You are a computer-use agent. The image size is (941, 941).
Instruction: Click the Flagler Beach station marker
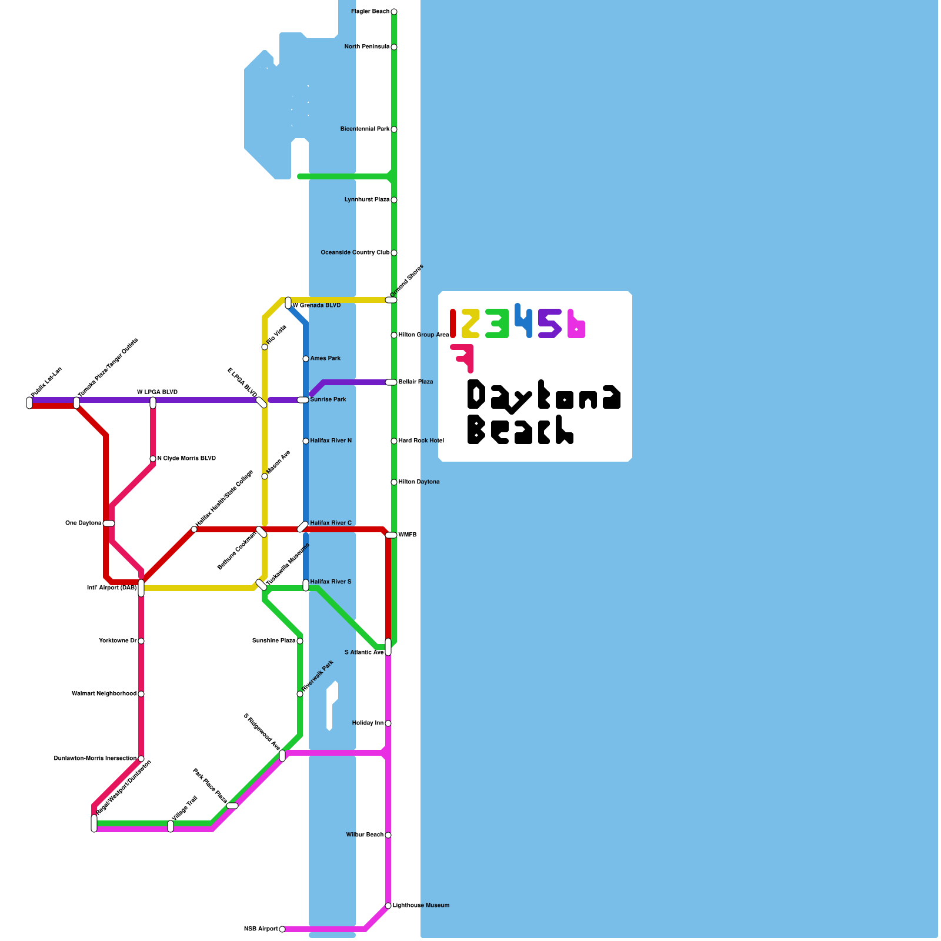click(394, 12)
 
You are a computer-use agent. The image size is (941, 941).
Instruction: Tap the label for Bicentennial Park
click(365, 129)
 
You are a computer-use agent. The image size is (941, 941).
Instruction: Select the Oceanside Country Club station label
click(355, 253)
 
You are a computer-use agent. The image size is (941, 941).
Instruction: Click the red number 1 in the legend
click(453, 323)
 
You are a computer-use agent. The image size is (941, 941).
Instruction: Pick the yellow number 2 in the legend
click(470, 323)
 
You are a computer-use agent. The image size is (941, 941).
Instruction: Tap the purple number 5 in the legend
click(549, 323)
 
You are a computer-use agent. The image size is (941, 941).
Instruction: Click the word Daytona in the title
click(543, 395)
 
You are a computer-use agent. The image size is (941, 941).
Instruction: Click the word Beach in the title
click(520, 430)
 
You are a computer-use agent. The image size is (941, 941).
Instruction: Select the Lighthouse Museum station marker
click(388, 906)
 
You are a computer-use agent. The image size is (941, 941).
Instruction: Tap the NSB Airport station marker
click(282, 929)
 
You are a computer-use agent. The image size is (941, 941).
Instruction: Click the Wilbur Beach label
click(365, 835)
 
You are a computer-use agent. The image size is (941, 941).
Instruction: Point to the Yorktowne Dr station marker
click(141, 641)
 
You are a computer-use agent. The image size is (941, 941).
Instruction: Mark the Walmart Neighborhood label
click(104, 694)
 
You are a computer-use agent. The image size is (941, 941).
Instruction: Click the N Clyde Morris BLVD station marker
click(153, 459)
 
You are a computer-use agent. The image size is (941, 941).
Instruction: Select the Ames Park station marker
click(306, 359)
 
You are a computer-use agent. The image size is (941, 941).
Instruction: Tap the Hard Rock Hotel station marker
click(394, 441)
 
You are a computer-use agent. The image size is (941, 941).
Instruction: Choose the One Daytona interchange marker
click(109, 523)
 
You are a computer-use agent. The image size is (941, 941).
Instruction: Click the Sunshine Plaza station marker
click(300, 641)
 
